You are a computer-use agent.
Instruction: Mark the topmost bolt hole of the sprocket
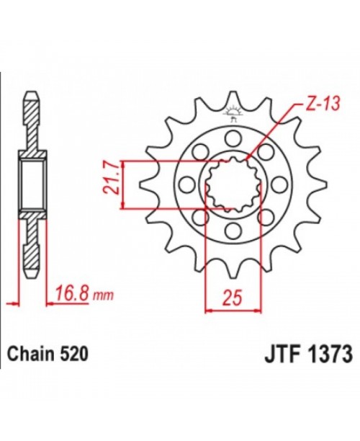(233, 137)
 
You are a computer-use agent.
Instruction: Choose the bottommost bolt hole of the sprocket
(233, 231)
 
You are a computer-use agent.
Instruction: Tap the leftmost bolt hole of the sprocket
(188, 184)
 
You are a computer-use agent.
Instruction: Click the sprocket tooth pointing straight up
(232, 98)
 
